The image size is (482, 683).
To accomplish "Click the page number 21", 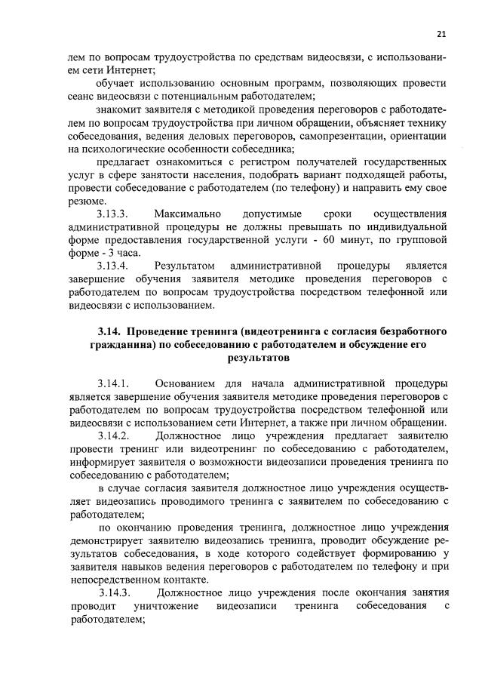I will (441, 33).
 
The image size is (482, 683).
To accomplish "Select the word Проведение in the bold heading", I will (163, 331).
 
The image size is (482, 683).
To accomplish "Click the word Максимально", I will (187, 214).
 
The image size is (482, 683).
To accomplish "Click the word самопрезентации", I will (336, 136).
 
